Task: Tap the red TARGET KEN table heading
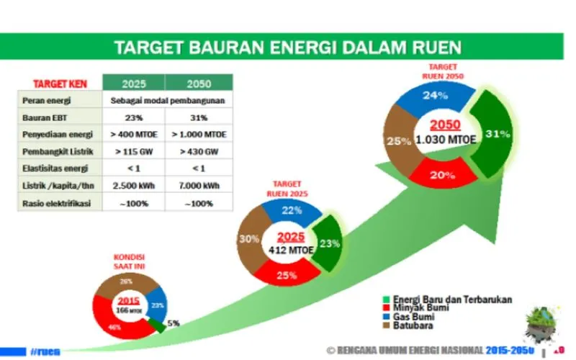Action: [x=60, y=83]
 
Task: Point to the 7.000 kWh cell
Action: [x=199, y=186]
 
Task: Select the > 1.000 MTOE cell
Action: [x=199, y=135]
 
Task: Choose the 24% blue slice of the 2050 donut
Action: [x=430, y=96]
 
